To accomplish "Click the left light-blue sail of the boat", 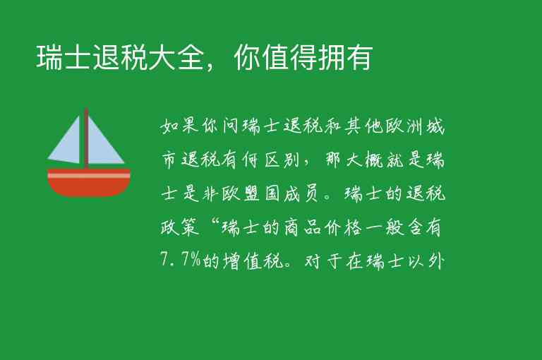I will tap(67, 141).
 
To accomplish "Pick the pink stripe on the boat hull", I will tap(89, 174).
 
